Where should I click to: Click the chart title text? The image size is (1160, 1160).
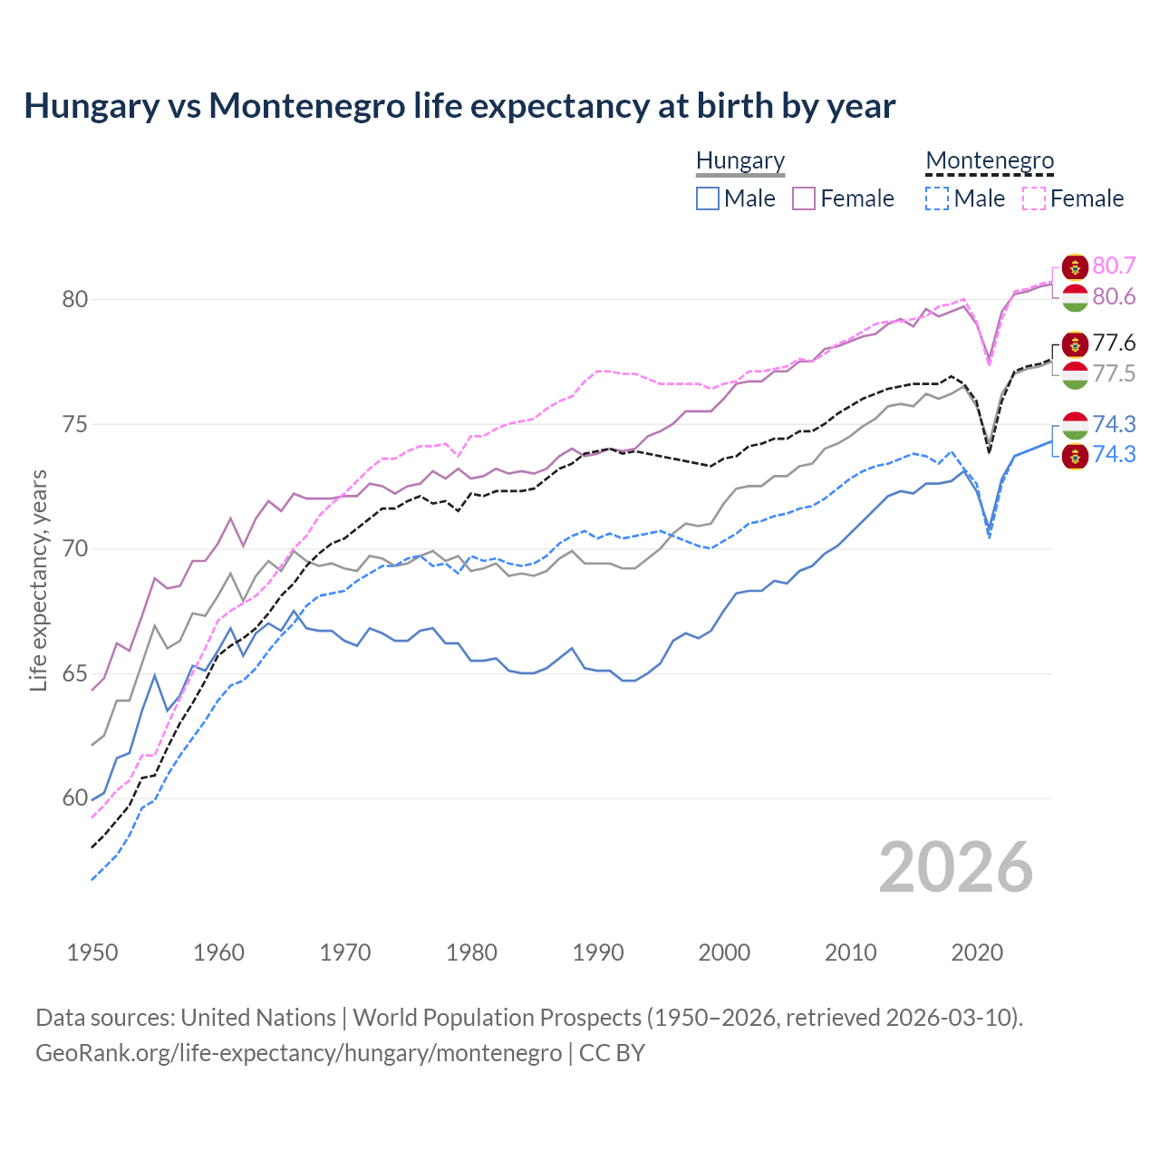point(459,106)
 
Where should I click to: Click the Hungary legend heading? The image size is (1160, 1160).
point(739,160)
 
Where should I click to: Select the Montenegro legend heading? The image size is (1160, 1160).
point(989,160)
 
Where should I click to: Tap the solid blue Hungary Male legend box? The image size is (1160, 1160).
point(708,198)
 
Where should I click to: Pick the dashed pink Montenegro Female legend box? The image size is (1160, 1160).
point(1033,198)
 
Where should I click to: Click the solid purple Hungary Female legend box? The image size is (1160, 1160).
point(804,198)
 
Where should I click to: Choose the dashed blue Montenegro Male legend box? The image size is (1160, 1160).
point(937,198)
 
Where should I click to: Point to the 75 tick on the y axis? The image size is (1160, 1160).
point(74,424)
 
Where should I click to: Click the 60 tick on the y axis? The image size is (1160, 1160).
point(74,798)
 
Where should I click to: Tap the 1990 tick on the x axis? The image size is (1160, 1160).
point(598,952)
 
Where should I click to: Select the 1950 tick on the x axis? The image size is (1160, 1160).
point(92,952)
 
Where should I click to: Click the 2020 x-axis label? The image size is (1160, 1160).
point(977,952)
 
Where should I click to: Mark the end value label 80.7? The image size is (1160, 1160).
point(1114,266)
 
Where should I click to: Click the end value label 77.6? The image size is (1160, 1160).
point(1114,343)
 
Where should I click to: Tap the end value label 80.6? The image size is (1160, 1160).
point(1114,297)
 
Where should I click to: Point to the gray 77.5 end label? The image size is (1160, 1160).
point(1114,373)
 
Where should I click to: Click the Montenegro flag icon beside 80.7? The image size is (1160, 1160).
point(1075,267)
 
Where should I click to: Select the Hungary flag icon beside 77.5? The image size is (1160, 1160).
point(1075,375)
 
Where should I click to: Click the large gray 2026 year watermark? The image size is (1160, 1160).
point(955,867)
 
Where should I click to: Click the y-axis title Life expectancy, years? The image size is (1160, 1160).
point(39,580)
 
